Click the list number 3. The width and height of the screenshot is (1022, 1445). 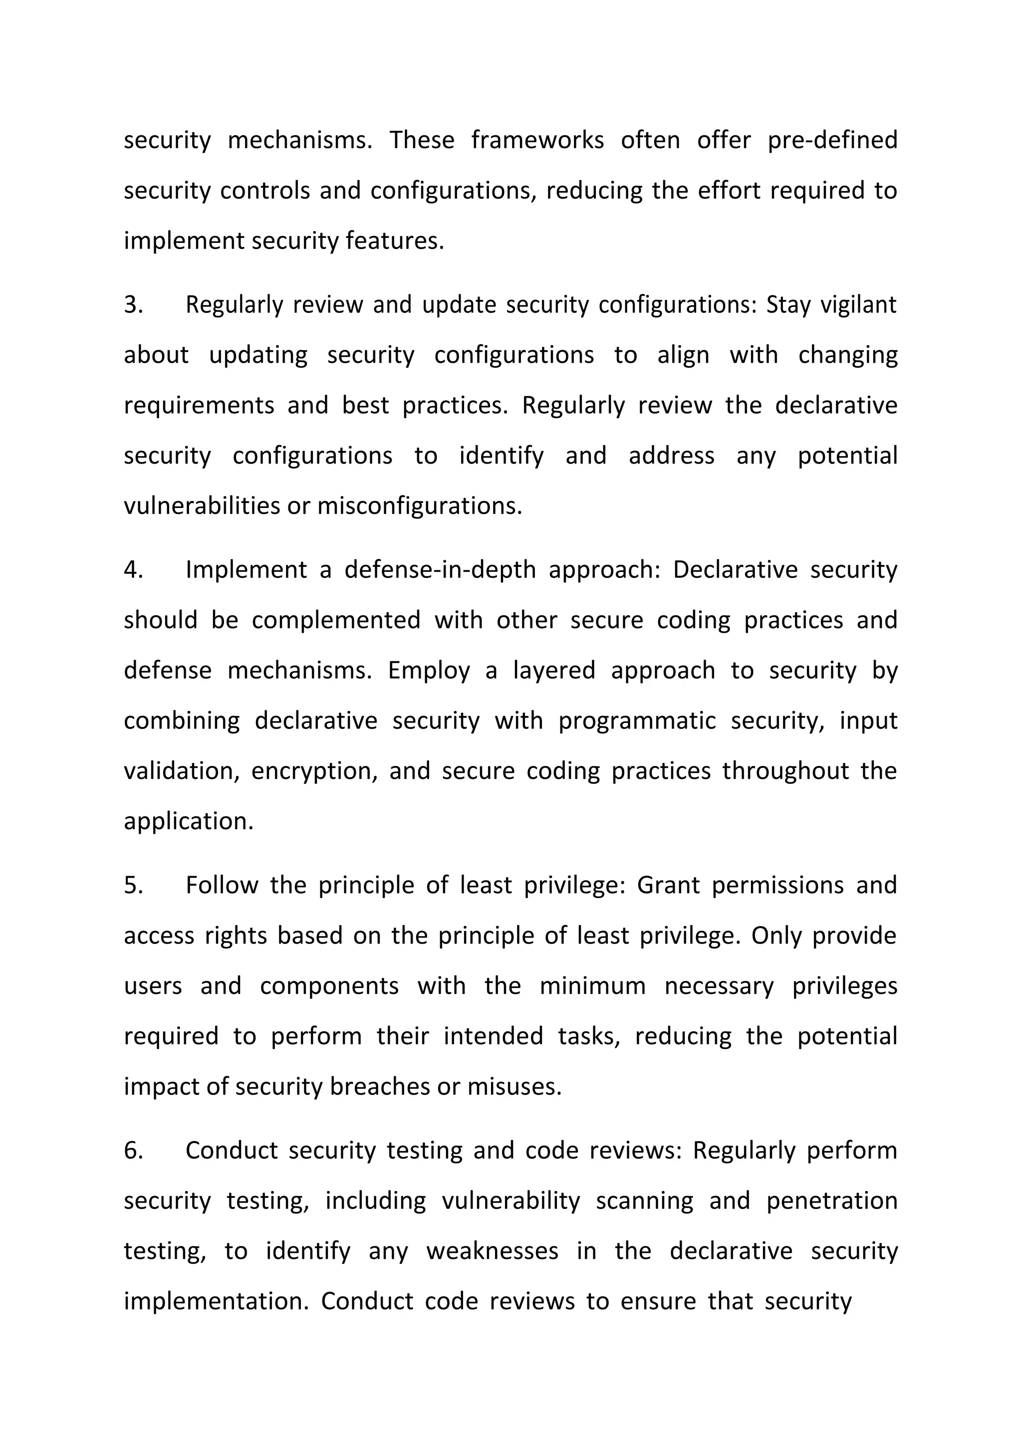133,304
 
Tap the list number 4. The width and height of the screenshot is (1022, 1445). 133,569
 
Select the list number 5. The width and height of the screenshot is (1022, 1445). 133,885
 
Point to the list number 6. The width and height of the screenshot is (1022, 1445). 133,1150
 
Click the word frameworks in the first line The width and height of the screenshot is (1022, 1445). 537,140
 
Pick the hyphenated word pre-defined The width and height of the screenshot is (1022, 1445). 832,140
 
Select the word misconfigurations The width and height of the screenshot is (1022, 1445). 420,506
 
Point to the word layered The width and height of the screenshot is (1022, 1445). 554,670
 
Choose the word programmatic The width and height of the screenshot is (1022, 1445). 637,721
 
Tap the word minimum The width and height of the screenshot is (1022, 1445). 593,985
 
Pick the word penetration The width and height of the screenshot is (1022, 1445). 832,1200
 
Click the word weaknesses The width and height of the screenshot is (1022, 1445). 492,1250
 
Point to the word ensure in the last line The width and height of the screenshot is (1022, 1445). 658,1301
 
